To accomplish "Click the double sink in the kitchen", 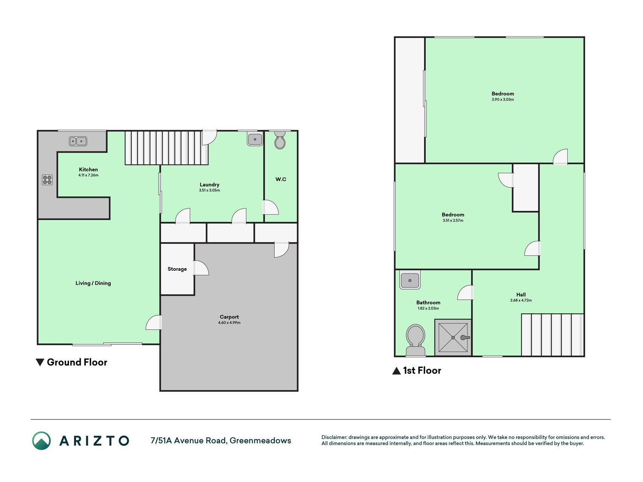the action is [78, 141].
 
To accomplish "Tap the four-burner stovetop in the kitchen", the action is [47, 180].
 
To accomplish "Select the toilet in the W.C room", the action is [280, 140].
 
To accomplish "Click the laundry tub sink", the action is [255, 139].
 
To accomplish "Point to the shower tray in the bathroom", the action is [453, 337].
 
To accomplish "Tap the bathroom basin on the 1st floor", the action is [410, 280].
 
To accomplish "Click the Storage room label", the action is [177, 269].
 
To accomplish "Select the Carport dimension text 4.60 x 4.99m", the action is [229, 323].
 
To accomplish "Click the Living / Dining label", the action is [93, 283].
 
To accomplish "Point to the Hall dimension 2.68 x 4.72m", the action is [521, 300].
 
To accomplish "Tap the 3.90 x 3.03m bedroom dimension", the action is [502, 99].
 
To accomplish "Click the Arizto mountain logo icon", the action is [41, 441].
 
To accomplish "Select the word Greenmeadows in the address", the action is [260, 441].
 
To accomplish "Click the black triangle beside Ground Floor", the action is [40, 362].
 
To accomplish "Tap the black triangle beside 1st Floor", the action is [396, 371].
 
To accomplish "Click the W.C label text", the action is [281, 179].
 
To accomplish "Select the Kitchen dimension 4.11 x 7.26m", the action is [88, 175].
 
